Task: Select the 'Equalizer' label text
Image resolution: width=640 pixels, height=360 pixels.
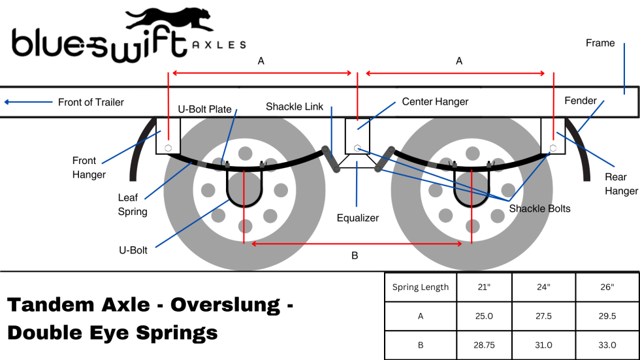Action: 357,218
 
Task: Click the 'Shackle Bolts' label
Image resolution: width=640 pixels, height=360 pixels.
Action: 539,208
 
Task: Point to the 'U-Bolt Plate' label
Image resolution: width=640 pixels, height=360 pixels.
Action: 204,109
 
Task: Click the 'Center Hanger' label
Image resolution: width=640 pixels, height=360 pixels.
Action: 435,102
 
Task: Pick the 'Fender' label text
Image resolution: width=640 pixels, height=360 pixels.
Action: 581,101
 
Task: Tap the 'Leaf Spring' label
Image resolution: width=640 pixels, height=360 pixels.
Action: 132,204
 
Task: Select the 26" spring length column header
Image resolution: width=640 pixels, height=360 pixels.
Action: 607,287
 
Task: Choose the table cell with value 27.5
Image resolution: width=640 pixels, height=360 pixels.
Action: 543,316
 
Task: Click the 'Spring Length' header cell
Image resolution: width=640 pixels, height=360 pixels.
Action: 420,287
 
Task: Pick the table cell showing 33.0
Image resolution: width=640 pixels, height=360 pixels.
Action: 607,345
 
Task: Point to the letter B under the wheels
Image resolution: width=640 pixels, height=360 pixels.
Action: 355,255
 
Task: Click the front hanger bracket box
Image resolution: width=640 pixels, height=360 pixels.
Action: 168,136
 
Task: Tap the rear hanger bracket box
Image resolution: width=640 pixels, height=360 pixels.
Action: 553,136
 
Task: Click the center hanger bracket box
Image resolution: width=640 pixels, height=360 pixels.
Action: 357,136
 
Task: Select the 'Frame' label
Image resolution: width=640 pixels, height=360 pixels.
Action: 600,43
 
